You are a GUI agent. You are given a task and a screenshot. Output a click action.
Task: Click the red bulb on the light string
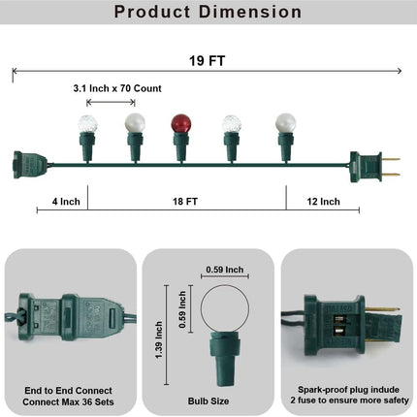click(x=181, y=123)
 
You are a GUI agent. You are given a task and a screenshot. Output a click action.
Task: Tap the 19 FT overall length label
click(x=207, y=61)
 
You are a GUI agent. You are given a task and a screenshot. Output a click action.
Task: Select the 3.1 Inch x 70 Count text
click(x=117, y=88)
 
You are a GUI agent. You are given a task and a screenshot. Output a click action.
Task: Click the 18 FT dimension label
click(x=185, y=202)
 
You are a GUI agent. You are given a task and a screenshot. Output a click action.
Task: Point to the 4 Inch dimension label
click(x=66, y=202)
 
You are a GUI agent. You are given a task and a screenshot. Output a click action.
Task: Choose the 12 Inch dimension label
click(x=323, y=202)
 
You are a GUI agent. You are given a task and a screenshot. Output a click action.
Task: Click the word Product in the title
click(x=152, y=12)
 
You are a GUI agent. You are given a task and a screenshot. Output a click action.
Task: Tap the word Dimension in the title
click(x=250, y=12)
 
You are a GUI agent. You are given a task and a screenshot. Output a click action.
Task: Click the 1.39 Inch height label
click(x=158, y=339)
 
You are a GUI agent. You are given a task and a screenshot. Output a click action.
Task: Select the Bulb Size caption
click(x=208, y=401)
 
